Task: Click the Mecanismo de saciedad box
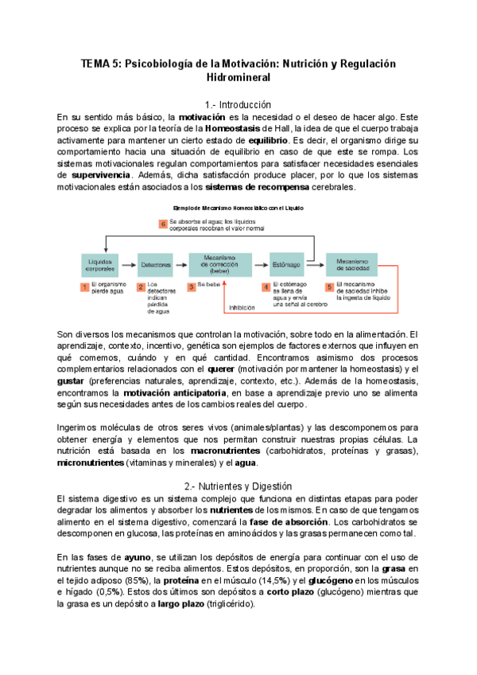(352, 263)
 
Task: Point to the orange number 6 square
(163, 226)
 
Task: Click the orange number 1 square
(85, 286)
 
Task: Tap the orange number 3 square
(191, 286)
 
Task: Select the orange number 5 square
(329, 286)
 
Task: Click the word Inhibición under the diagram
(242, 307)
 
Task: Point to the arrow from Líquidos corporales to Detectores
(129, 263)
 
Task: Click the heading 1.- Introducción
(238, 105)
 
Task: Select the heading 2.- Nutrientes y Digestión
(238, 486)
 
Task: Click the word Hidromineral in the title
(238, 78)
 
